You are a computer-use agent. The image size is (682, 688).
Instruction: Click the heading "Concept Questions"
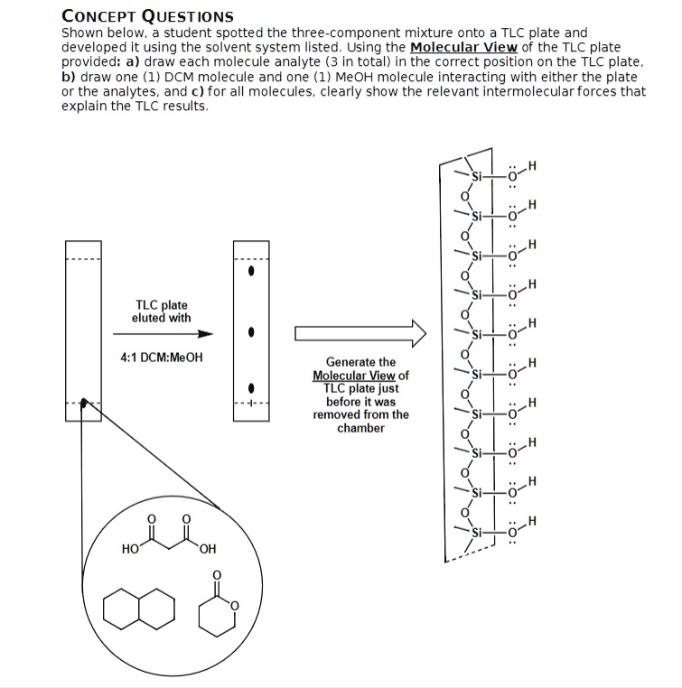coord(147,15)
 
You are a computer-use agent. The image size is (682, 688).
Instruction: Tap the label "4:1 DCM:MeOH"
coord(162,357)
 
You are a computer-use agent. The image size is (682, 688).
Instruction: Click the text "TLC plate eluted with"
coord(162,311)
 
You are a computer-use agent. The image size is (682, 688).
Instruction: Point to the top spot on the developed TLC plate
coord(253,269)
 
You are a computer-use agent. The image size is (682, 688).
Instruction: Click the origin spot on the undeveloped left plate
coord(83,404)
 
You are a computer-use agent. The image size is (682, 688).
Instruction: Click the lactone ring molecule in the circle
coord(217,612)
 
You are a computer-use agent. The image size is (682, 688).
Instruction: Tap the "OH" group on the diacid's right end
coord(209,550)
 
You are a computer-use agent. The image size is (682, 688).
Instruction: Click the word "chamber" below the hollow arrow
coord(360,428)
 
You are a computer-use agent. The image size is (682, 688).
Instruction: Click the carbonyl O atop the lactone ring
coord(216,574)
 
